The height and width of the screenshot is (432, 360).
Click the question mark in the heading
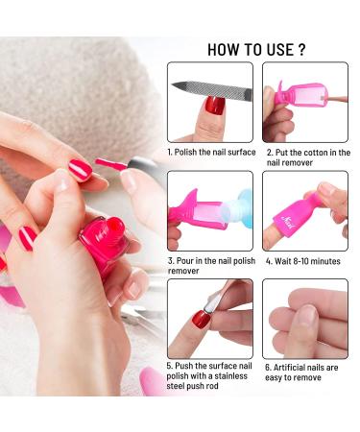pyautogui.click(x=301, y=50)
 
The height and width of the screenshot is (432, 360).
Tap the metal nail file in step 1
pyautogui.click(x=212, y=89)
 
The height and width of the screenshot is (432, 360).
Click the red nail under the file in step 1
pyautogui.click(x=215, y=106)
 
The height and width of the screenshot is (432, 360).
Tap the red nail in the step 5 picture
pyautogui.click(x=201, y=319)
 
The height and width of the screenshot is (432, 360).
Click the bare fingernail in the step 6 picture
pyautogui.click(x=306, y=315)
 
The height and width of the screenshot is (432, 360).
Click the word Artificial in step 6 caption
pyautogui.click(x=290, y=368)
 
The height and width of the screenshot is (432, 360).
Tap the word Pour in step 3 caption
pyautogui.click(x=184, y=261)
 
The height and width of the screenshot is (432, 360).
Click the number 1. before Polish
pyautogui.click(x=170, y=153)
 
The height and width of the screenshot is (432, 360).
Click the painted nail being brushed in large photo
pyautogui.click(x=80, y=170)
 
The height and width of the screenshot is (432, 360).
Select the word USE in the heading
pyautogui.click(x=279, y=50)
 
